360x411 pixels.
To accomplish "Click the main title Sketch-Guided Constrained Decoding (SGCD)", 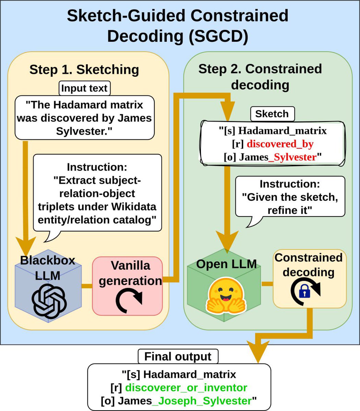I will click(x=178, y=26).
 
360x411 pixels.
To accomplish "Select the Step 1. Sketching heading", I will click(x=84, y=70).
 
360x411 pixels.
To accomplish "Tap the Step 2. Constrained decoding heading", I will click(x=260, y=76).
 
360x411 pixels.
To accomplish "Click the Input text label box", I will click(x=84, y=88).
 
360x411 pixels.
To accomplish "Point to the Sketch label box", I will click(x=272, y=114).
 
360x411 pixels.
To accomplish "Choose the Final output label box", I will click(x=178, y=357).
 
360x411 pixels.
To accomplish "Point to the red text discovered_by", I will click(x=280, y=144).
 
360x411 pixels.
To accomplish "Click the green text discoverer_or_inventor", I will click(x=186, y=388).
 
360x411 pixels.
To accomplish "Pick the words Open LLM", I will click(x=226, y=264).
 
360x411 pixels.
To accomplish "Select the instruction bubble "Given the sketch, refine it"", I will click(x=290, y=197).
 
